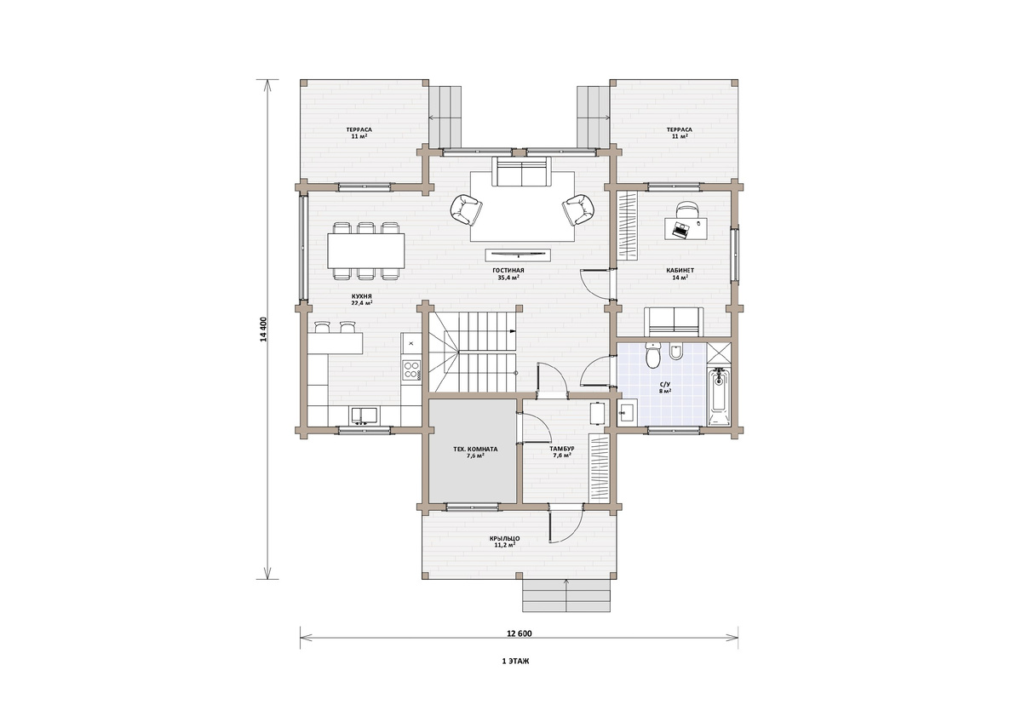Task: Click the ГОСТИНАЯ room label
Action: [x=511, y=271]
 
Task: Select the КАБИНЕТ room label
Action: [x=680, y=271]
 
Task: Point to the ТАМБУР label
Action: [x=561, y=449]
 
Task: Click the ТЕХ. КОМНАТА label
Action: [x=475, y=450]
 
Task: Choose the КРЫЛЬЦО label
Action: [x=503, y=539]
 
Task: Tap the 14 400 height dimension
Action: [x=263, y=329]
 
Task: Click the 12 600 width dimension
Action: [x=520, y=633]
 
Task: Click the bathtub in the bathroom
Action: [x=719, y=397]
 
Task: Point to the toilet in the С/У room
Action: [x=653, y=355]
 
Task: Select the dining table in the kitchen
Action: [x=365, y=251]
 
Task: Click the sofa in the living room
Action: [x=521, y=171]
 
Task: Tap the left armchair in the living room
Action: [x=465, y=209]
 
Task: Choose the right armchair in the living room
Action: [x=578, y=209]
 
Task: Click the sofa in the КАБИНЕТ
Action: [x=674, y=322]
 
